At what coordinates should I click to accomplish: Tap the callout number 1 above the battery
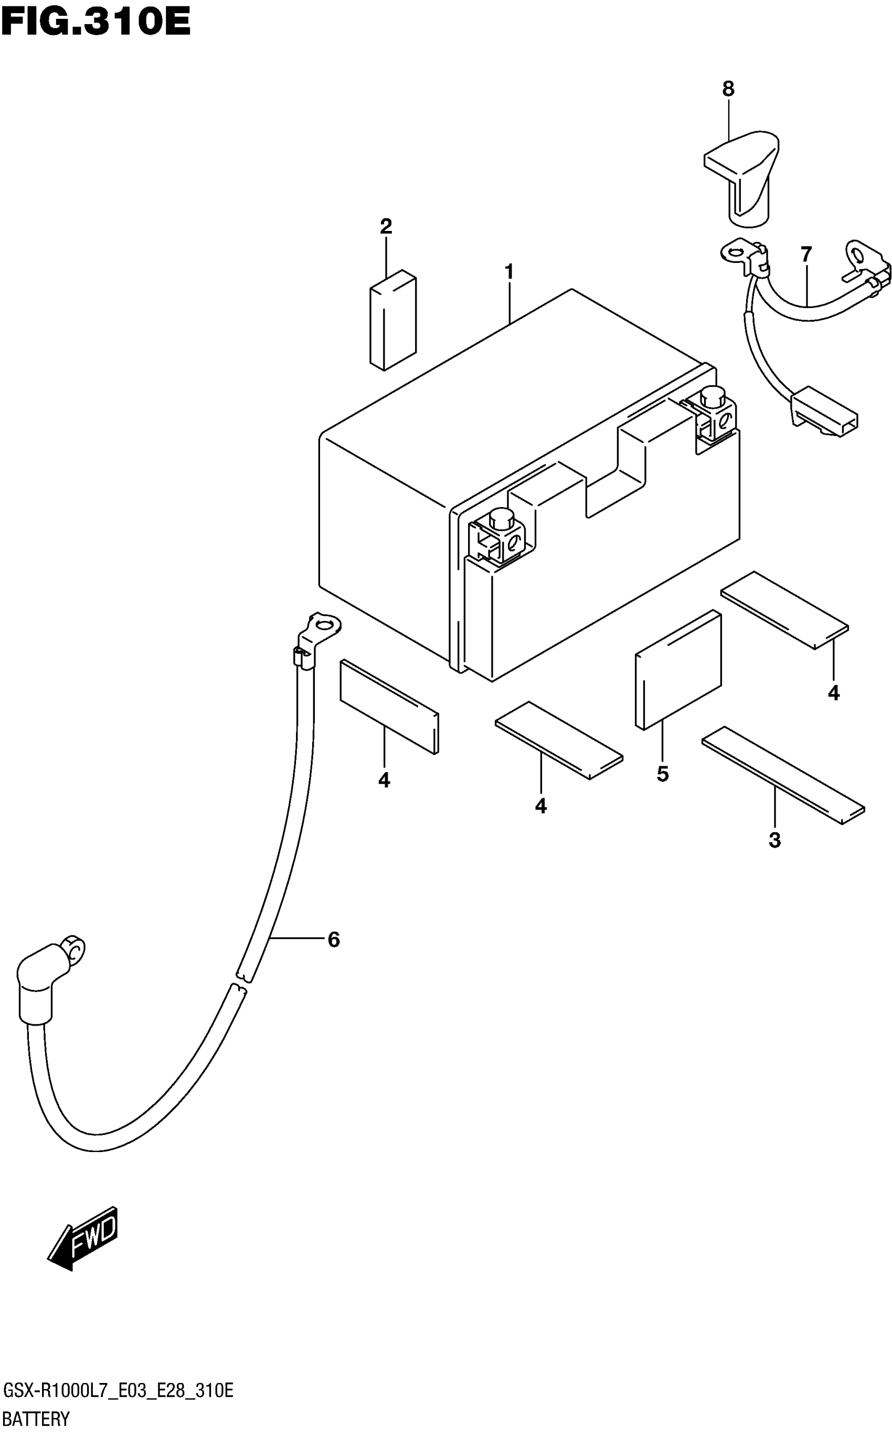508,272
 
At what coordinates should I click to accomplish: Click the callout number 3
774,840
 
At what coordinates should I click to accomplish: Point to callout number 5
663,774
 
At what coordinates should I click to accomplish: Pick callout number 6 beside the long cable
334,939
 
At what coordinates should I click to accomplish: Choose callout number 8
728,89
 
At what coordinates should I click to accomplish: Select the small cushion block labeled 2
393,320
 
